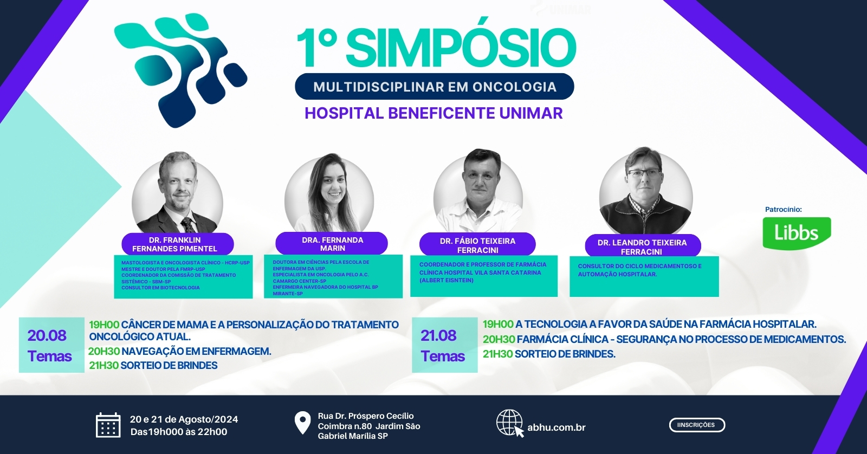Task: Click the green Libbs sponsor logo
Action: [x=797, y=233]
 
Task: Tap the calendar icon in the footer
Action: [x=108, y=425]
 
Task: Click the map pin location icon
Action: [x=302, y=423]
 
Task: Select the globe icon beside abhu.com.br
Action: [x=510, y=423]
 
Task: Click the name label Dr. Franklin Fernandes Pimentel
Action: [x=178, y=244]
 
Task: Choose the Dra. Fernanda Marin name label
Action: [x=332, y=243]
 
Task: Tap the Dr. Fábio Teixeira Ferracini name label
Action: [x=477, y=245]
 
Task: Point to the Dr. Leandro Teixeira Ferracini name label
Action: [x=643, y=247]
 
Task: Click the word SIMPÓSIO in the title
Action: [x=461, y=47]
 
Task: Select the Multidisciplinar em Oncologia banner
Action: [x=434, y=86]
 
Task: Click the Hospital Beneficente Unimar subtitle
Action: [x=433, y=113]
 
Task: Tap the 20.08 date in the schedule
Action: [x=47, y=335]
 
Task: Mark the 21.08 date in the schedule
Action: [x=438, y=335]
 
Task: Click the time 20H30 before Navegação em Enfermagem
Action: [x=103, y=352]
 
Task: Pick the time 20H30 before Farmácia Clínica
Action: [x=499, y=340]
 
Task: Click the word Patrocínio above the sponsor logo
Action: [x=784, y=209]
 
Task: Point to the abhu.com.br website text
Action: [x=556, y=427]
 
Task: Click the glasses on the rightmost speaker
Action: [x=644, y=173]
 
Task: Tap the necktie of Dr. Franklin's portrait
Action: [x=189, y=224]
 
